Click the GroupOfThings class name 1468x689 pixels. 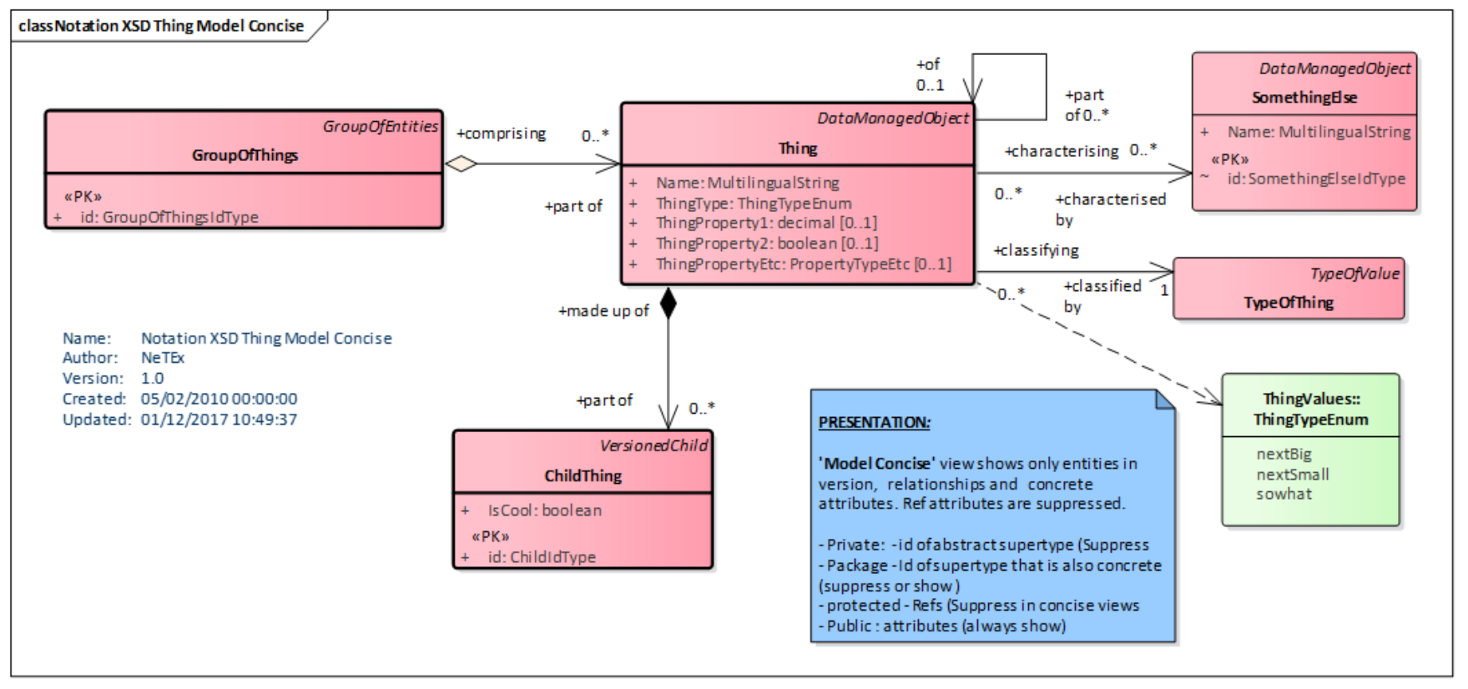pyautogui.click(x=245, y=155)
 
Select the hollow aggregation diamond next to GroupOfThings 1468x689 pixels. pyautogui.click(x=461, y=164)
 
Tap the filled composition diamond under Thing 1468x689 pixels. pyautogui.click(x=668, y=304)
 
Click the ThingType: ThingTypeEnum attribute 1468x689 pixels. pyautogui.click(x=753, y=204)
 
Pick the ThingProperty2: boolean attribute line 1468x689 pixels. pyautogui.click(x=766, y=244)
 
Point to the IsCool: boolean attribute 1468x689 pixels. pyautogui.click(x=544, y=510)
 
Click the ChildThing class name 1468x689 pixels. pyautogui.click(x=583, y=476)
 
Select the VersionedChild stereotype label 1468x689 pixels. pyautogui.click(x=653, y=446)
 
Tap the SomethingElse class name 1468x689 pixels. pyautogui.click(x=1304, y=98)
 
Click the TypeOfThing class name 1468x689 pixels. pyautogui.click(x=1288, y=303)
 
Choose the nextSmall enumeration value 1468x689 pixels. pyautogui.click(x=1292, y=475)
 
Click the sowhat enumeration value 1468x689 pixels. pyautogui.click(x=1284, y=494)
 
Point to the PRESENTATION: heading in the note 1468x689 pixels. pyautogui.click(x=874, y=422)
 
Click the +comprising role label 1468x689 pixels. pyautogui.click(x=501, y=133)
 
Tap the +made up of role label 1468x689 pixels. pyautogui.click(x=603, y=311)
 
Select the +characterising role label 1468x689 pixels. pyautogui.click(x=1061, y=151)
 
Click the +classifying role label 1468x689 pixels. pyautogui.click(x=1036, y=250)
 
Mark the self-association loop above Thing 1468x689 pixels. pyautogui.click(x=1010, y=55)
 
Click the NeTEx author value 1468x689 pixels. pyautogui.click(x=162, y=358)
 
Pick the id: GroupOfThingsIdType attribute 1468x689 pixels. pyautogui.click(x=169, y=217)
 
